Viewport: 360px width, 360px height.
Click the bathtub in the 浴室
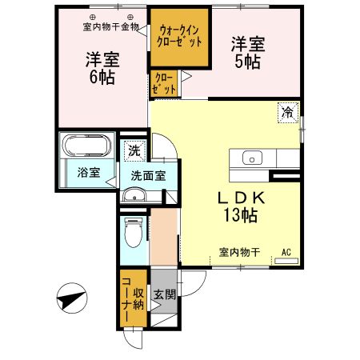(x=86, y=147)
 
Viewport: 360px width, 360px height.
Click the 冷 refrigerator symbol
(x=286, y=113)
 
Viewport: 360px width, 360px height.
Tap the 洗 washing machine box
(x=131, y=149)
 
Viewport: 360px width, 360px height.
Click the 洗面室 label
(x=149, y=175)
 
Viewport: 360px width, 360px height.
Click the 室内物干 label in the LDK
(x=239, y=253)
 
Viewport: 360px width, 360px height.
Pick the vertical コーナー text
(x=126, y=300)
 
